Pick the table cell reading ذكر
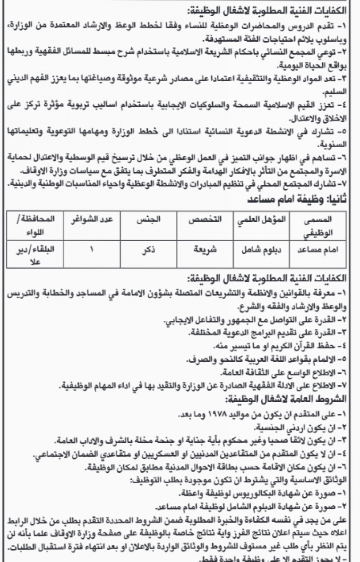(150, 250)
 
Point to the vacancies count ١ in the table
(90, 250)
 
